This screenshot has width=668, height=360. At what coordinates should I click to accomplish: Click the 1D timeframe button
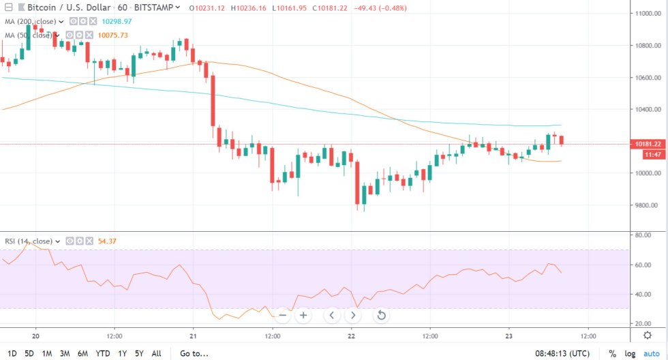(x=12, y=353)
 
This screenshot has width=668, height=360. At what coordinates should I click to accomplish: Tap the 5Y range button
(x=138, y=353)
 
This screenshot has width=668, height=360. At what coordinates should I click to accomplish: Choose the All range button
(x=156, y=353)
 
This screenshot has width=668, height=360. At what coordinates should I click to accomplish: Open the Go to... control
(x=194, y=353)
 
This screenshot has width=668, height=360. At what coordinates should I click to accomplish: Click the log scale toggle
(x=631, y=353)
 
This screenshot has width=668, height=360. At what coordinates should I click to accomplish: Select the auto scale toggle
(x=652, y=353)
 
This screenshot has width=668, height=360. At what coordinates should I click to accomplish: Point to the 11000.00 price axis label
(x=646, y=14)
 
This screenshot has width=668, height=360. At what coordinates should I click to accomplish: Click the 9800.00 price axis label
(x=646, y=205)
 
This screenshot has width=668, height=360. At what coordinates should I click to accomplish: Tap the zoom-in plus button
(x=303, y=315)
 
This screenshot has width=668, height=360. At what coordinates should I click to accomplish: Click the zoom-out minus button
(x=282, y=315)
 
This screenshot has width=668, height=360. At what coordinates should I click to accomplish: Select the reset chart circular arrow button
(x=381, y=315)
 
